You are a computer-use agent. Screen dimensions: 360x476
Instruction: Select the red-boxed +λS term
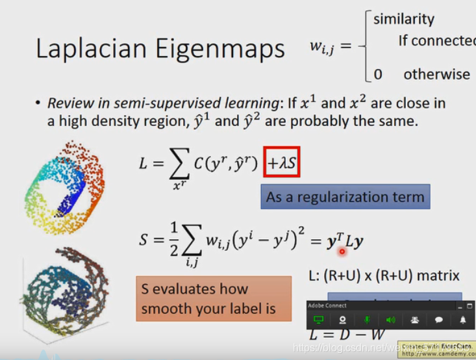[281, 164]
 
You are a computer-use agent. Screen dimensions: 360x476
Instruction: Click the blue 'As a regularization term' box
[345, 196]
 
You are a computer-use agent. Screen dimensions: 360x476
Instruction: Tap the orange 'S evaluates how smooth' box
[214, 298]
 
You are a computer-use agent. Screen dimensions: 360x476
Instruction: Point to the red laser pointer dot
[342, 251]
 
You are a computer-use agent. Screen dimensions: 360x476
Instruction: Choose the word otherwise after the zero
[436, 73]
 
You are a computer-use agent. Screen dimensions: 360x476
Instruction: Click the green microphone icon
[366, 320]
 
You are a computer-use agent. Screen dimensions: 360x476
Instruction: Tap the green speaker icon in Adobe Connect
[390, 320]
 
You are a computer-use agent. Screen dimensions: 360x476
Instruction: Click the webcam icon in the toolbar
[342, 320]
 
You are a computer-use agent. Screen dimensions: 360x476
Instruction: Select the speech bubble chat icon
[439, 320]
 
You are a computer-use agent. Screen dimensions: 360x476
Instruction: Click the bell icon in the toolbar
[463, 320]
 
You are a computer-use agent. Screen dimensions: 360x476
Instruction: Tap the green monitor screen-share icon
[318, 320]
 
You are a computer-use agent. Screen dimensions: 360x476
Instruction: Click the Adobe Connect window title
[328, 305]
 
